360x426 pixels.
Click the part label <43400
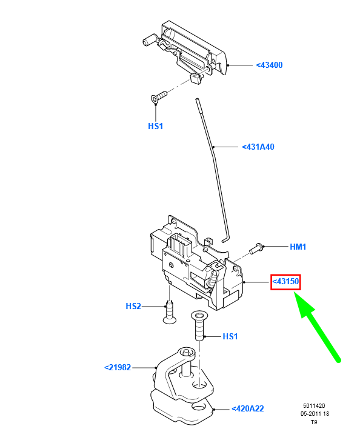(270, 65)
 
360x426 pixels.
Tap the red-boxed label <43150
(286, 282)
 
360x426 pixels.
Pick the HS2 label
(133, 307)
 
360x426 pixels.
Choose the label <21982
(118, 367)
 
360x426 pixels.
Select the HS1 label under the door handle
(156, 127)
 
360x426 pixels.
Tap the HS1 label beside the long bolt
(231, 336)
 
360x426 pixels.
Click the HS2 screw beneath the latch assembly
(170, 310)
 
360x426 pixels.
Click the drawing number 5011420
(315, 406)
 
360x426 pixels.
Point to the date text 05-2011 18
(315, 414)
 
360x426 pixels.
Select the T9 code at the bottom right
(314, 422)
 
